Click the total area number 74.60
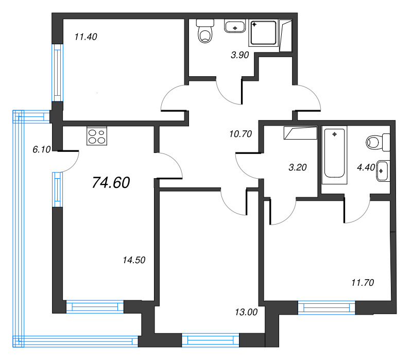pos(111,183)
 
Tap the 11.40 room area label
pos(85,37)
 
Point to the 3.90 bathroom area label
pos(239,55)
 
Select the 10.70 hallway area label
pos(241,134)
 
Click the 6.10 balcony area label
pos(42,149)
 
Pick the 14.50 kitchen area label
pos(134,260)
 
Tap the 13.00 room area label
pos(246,312)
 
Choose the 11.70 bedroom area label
pos(363,283)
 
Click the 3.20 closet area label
pos(298,167)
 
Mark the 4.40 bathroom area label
pos(366,167)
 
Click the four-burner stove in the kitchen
pos(97,136)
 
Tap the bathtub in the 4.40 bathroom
pos(334,156)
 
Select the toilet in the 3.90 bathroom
pos(205,31)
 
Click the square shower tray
pos(264,33)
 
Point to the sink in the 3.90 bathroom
pos(235,26)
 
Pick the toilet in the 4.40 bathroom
pos(378,142)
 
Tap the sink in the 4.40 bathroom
pos(383,171)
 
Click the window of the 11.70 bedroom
pos(327,307)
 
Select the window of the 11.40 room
pos(57,73)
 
